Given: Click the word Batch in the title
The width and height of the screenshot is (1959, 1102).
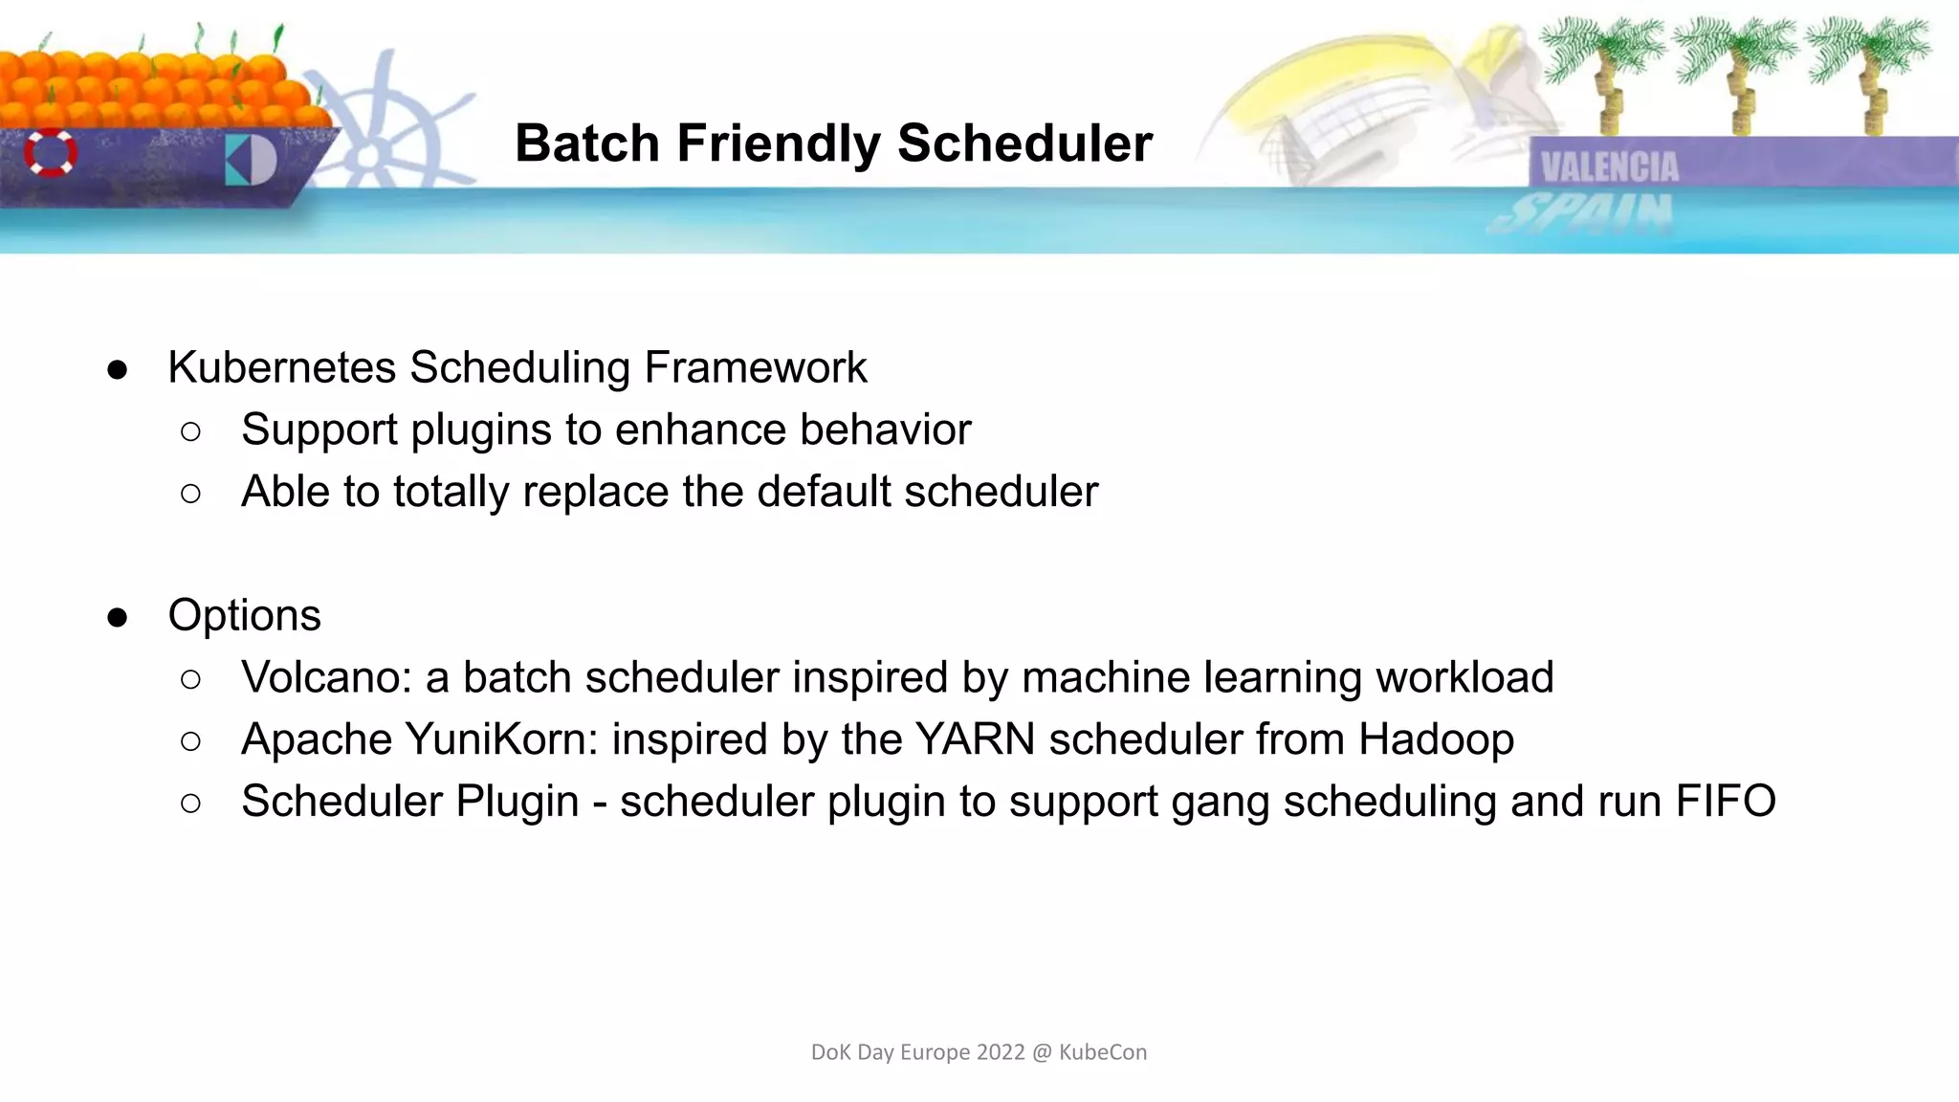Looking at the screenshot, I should coord(586,143).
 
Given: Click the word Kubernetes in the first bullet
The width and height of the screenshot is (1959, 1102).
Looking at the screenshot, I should coord(281,368).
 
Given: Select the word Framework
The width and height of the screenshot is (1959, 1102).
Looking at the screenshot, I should coord(755,368).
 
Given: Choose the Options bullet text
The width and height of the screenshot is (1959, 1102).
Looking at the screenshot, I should coord(244,615).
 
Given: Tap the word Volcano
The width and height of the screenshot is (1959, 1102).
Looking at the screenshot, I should coord(325,677).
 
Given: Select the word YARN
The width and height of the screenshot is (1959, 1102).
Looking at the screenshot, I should coord(974,739).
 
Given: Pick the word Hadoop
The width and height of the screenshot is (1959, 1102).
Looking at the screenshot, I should coord(1436,739).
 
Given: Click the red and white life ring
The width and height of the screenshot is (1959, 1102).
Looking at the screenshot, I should coord(51,153).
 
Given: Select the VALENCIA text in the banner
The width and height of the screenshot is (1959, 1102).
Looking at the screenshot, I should coord(1609,167).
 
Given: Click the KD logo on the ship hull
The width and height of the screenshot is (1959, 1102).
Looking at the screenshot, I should coord(251,160).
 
